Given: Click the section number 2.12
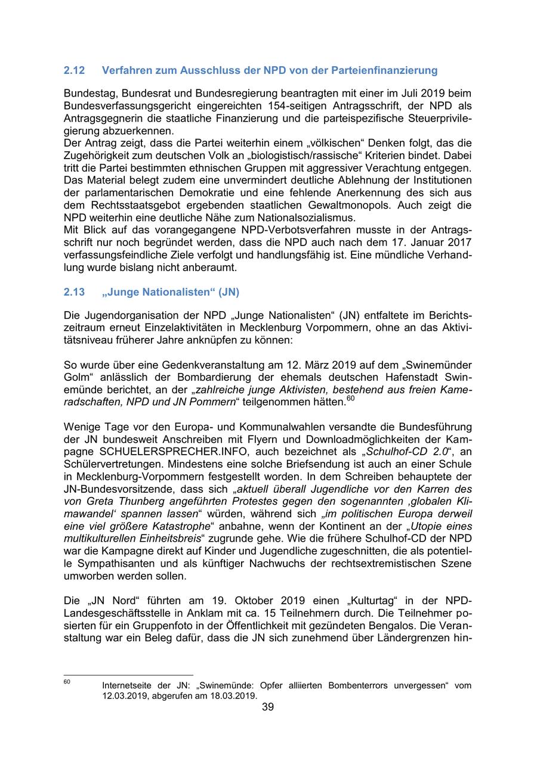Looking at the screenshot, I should tap(74, 70).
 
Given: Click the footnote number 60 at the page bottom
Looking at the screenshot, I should tap(67, 681).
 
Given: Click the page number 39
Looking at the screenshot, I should tap(268, 707).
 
